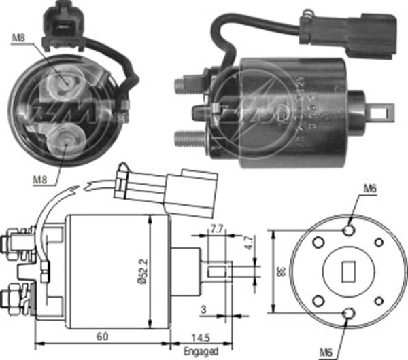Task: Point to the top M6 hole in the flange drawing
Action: (x=349, y=231)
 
